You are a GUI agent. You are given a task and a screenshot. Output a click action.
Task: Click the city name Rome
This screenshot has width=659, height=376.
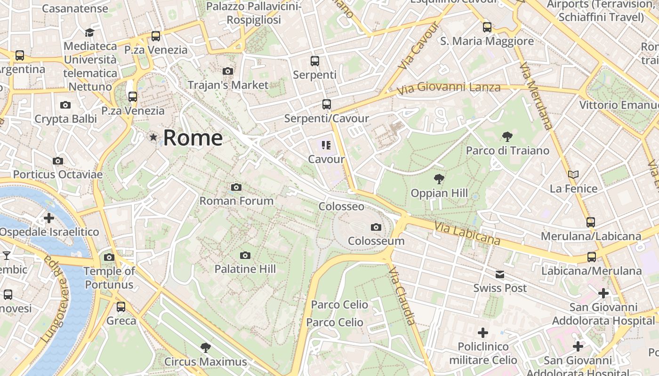193,138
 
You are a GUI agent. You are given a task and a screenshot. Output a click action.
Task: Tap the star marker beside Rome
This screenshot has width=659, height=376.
153,137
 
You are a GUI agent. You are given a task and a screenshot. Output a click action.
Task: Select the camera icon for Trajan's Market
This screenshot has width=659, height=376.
228,71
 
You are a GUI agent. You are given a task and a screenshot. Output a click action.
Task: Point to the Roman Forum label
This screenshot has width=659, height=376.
236,201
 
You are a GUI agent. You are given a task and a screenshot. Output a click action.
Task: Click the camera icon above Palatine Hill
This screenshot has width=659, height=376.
245,255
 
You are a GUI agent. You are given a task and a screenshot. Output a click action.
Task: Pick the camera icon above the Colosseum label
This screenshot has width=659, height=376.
376,227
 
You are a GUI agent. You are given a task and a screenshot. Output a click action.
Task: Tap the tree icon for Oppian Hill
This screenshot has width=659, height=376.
439,179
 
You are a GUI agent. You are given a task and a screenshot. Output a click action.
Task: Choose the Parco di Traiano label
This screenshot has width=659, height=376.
507,150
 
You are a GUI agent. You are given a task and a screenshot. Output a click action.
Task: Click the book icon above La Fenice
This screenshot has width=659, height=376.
573,175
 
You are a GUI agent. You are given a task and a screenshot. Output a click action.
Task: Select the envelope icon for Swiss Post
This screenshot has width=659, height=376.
499,274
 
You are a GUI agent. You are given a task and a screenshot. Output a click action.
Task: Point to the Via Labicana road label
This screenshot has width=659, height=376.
467,234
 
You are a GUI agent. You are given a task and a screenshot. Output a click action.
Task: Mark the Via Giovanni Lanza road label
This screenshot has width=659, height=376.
448,88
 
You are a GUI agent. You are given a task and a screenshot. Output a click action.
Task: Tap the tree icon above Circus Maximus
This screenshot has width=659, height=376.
205,348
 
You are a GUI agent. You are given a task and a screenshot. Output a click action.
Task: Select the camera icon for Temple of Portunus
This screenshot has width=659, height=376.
109,257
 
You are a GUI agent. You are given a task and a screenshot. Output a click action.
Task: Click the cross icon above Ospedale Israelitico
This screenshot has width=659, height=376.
48,218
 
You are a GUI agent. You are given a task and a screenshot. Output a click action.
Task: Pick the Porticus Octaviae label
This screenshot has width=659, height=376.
58,174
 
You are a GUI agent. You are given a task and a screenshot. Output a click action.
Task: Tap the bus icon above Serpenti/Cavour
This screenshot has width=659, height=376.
326,104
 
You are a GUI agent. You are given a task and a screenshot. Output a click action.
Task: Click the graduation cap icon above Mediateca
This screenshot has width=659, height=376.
89,32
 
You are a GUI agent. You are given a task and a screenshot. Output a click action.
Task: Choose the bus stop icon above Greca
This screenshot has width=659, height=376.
121,307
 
